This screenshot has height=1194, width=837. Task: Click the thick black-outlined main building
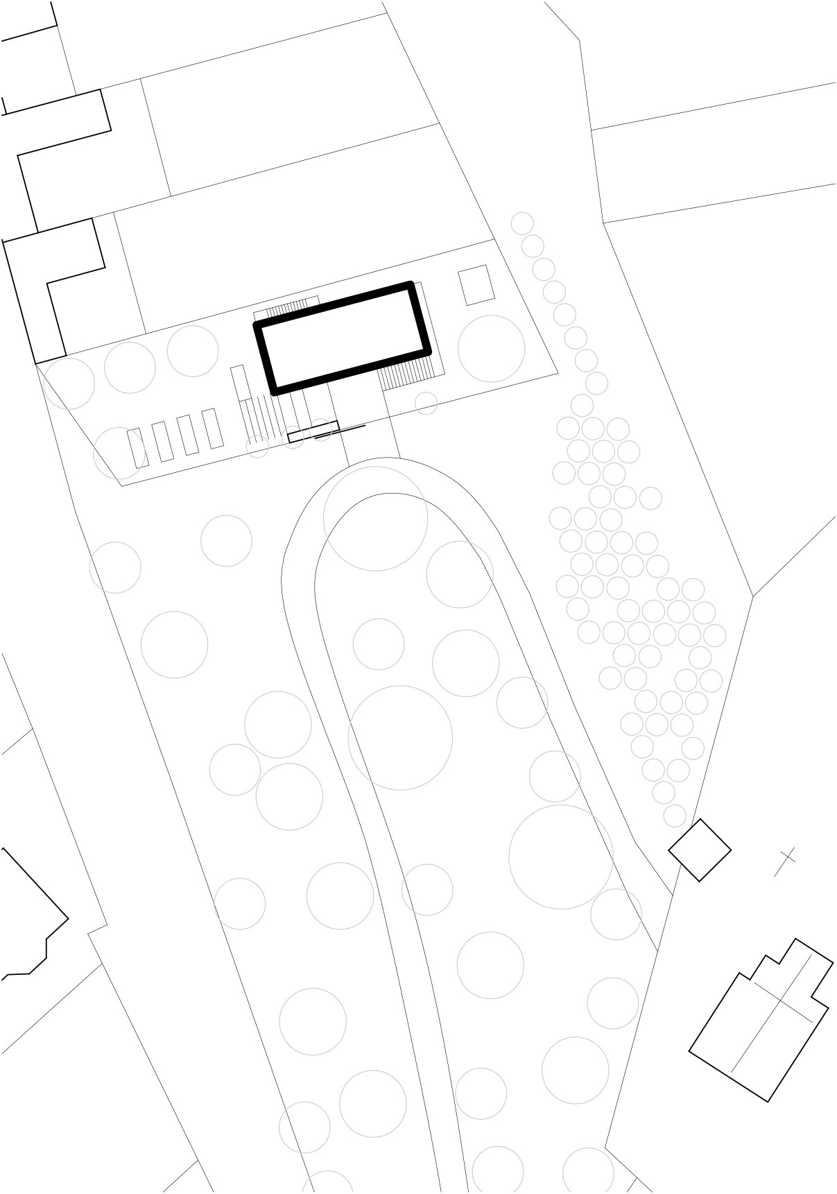[x=343, y=338]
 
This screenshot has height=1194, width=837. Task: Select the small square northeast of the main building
[x=476, y=285]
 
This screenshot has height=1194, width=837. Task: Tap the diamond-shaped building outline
[x=700, y=849]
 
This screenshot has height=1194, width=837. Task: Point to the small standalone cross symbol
[x=787, y=860]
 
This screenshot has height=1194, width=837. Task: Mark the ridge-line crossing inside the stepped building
[x=783, y=1001]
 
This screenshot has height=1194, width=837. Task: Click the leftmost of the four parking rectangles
[x=138, y=447]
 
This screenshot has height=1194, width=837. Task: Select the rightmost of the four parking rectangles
[x=213, y=429]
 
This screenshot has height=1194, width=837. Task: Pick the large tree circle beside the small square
[x=491, y=348]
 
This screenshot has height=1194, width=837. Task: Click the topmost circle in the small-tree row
[x=522, y=223]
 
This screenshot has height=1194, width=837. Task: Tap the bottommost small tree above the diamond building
[x=674, y=815]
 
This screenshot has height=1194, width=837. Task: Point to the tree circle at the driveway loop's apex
[x=375, y=518]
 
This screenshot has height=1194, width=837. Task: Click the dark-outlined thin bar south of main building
[x=313, y=431]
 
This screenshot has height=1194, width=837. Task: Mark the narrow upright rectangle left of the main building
[x=239, y=383]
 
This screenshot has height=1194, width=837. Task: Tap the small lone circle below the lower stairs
[x=426, y=403]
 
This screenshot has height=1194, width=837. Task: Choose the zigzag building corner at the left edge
[x=35, y=922]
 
